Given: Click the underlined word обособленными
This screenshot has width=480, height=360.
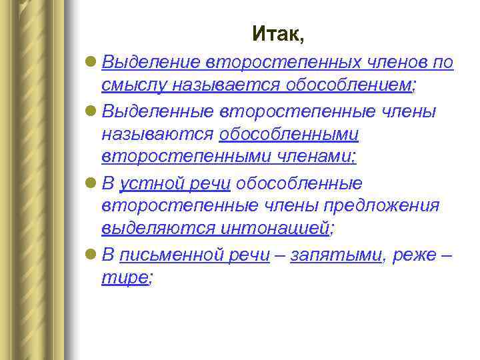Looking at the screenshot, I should [x=289, y=134].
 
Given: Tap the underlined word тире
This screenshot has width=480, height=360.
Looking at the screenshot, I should [x=124, y=277].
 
